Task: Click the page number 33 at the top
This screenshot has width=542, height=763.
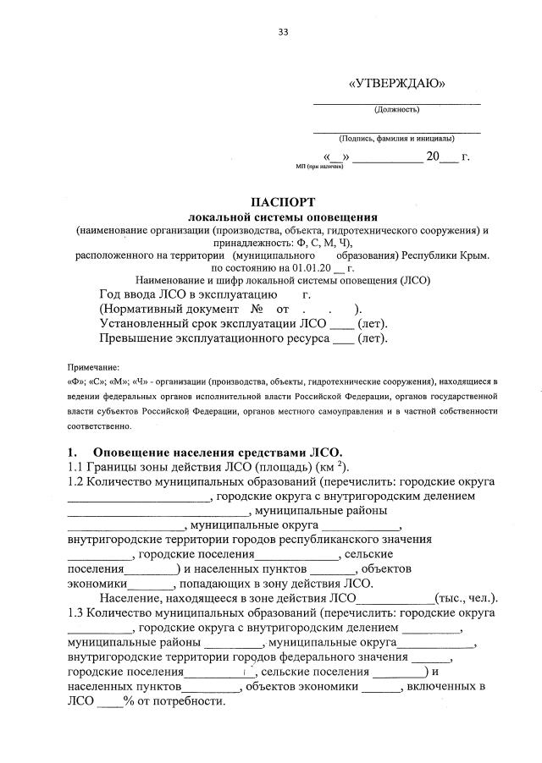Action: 284,32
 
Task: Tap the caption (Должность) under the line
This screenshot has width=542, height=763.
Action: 396,109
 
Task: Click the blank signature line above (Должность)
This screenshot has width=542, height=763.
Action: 396,102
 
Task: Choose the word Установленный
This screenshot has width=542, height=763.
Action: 145,324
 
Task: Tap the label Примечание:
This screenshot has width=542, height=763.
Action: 93,368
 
